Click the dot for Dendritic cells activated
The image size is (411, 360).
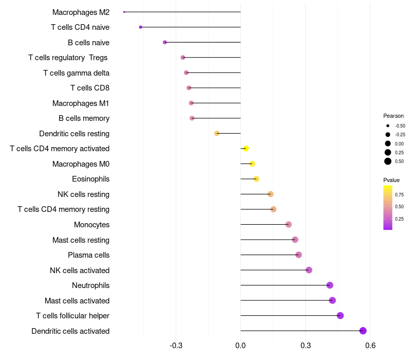pos(363,331)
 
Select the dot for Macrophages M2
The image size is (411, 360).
pos(124,12)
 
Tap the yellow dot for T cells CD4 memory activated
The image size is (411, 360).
pos(246,149)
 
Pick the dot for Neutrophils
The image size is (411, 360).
pos(330,285)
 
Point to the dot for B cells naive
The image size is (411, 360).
pos(165,42)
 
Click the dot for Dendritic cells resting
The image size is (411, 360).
pos(217,133)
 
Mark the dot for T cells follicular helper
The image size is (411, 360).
pos(340,316)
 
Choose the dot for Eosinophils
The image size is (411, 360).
pos(256,179)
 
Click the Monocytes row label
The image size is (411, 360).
pos(91,225)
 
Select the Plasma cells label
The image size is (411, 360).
pos(88,255)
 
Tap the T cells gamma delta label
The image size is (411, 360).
pos(76,73)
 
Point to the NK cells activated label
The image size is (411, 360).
pos(80,271)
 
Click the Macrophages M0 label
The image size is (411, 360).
pos(81,164)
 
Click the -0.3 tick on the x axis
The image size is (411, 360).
pos(176,346)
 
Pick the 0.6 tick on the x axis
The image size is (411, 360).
pos(370,346)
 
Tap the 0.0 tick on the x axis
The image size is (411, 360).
pos(240,346)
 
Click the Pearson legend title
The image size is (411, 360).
pos(394,116)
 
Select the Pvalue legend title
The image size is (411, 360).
pos(391,180)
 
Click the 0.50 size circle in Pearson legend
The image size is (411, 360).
pos(388,161)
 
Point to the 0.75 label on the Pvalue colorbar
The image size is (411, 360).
pos(399,194)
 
